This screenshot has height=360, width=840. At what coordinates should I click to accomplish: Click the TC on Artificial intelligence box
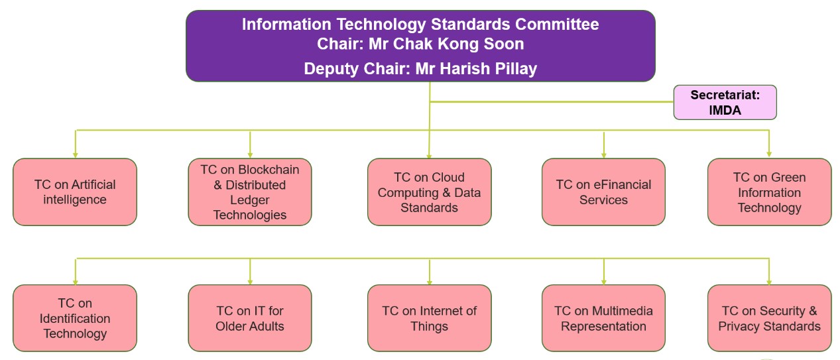click(x=75, y=192)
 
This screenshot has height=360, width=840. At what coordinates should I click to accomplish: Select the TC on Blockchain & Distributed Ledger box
click(x=250, y=192)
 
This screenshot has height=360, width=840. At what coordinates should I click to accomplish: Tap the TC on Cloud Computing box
click(x=429, y=192)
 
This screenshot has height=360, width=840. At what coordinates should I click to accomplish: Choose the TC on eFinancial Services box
click(x=603, y=192)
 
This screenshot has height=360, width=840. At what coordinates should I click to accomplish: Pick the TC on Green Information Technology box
click(x=769, y=192)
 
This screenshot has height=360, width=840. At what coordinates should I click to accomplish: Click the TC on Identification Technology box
click(x=75, y=318)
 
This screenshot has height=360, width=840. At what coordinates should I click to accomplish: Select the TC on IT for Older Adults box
click(x=250, y=318)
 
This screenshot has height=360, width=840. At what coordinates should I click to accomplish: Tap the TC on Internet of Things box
click(x=429, y=318)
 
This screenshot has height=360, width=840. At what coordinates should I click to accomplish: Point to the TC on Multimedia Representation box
click(x=603, y=318)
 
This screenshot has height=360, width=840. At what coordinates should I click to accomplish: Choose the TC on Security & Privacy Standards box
click(x=769, y=318)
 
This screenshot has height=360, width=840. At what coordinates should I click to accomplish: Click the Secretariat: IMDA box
click(x=725, y=103)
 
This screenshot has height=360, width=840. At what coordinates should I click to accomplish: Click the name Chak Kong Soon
click(x=463, y=44)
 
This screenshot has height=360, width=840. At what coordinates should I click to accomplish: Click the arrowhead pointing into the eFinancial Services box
click(x=603, y=154)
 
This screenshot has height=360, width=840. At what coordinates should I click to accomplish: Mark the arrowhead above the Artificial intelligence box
click(x=76, y=154)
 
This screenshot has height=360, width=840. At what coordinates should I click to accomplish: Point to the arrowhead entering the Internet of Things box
click(x=430, y=281)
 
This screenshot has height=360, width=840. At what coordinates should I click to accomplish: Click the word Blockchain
click(x=269, y=170)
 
